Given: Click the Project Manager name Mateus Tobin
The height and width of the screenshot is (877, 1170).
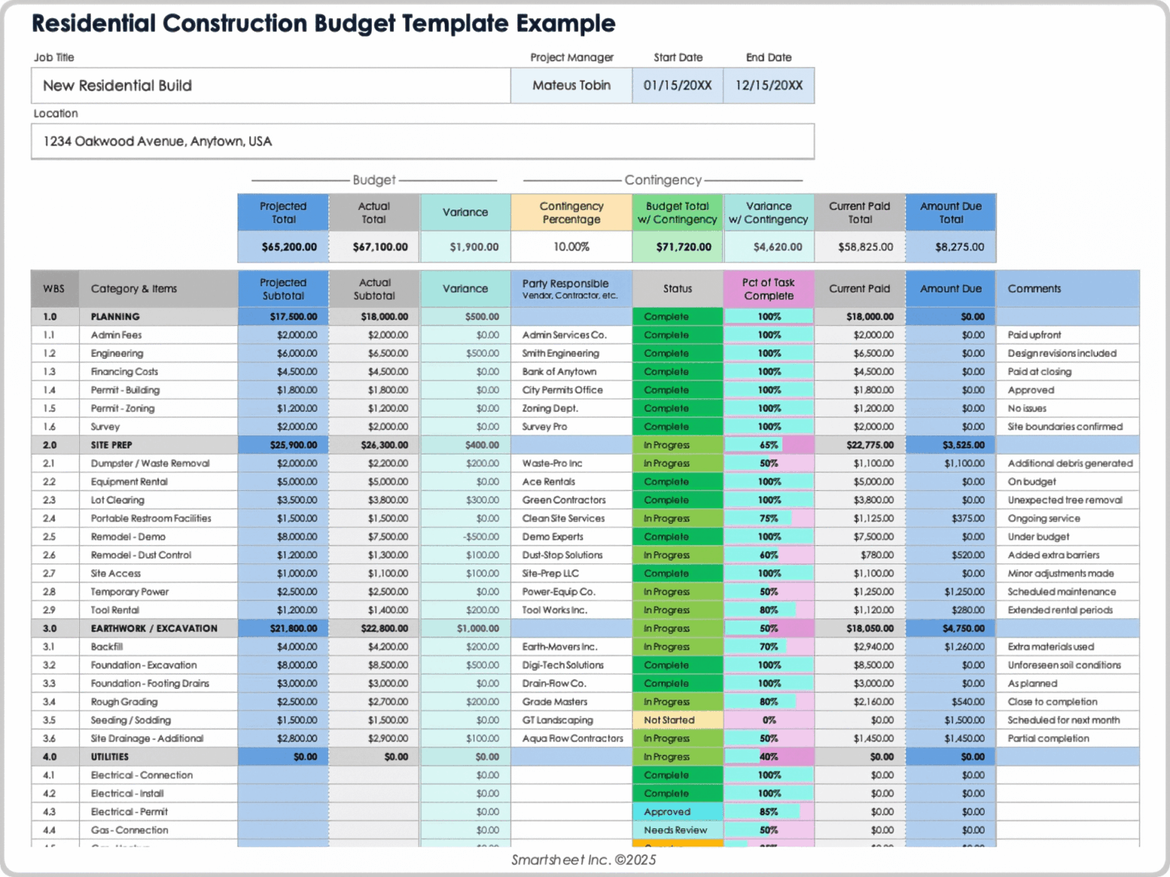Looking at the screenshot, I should pyautogui.click(x=571, y=85).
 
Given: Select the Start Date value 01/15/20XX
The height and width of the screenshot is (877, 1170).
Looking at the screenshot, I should pyautogui.click(x=677, y=85).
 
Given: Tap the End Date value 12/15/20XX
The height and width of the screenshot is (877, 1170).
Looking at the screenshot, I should pyautogui.click(x=769, y=85).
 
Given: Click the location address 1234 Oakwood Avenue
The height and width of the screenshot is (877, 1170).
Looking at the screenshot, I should pyautogui.click(x=157, y=142).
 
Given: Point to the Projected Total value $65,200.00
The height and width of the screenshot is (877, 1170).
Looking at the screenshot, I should pyautogui.click(x=289, y=247).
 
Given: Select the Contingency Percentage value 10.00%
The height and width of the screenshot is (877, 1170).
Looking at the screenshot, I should pyautogui.click(x=571, y=247).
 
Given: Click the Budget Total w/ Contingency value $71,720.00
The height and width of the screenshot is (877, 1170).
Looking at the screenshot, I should pyautogui.click(x=683, y=247).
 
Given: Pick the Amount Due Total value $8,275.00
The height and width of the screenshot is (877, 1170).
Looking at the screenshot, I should pyautogui.click(x=959, y=247).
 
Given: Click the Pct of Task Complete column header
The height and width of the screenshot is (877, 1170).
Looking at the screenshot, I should pyautogui.click(x=769, y=289).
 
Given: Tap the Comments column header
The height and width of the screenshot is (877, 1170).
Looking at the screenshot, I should pyautogui.click(x=1034, y=289).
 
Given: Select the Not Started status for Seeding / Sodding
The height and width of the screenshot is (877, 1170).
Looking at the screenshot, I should pyautogui.click(x=669, y=720).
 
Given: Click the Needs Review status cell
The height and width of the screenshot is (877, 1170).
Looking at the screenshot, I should pyautogui.click(x=675, y=830).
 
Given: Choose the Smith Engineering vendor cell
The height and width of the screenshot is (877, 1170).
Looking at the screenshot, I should pyautogui.click(x=561, y=353).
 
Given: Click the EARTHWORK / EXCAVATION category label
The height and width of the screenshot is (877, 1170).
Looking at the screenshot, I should pyautogui.click(x=154, y=628).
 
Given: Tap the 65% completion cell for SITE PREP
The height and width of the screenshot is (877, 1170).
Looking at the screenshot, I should pyautogui.click(x=769, y=445).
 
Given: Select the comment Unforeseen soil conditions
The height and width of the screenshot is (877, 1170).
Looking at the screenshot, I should pyautogui.click(x=1064, y=665).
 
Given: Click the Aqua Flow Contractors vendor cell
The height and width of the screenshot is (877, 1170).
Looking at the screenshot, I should pyautogui.click(x=572, y=738).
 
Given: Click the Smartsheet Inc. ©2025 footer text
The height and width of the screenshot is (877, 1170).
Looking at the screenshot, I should pyautogui.click(x=583, y=859).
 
